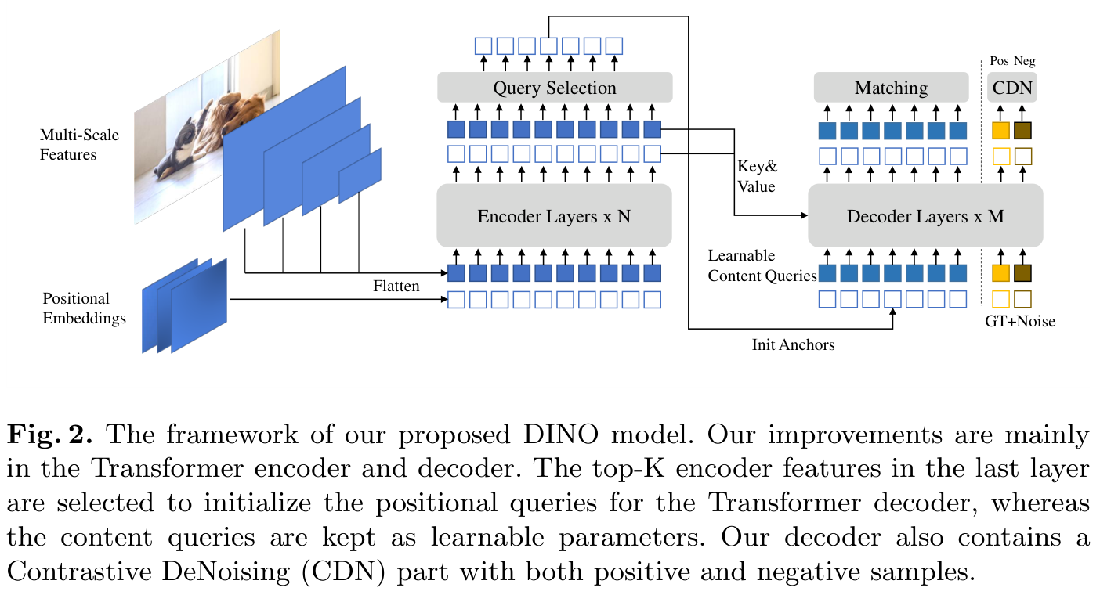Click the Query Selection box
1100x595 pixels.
555,88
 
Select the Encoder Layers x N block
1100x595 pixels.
554,215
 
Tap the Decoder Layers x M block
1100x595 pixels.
925,215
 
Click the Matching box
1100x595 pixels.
891,88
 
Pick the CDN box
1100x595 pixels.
1012,88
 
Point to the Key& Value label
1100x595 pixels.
757,176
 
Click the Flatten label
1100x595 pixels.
396,286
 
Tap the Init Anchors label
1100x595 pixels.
793,344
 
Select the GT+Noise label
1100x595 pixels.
1020,321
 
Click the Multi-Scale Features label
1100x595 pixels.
79,145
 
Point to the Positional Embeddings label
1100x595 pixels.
84,308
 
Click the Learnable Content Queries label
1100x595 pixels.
762,265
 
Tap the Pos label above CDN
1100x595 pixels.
999,61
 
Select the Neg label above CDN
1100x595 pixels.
1024,61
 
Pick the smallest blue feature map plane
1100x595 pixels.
360,175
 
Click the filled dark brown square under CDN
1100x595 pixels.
1023,131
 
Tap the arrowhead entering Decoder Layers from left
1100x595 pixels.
804,215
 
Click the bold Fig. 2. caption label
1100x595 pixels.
49,435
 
